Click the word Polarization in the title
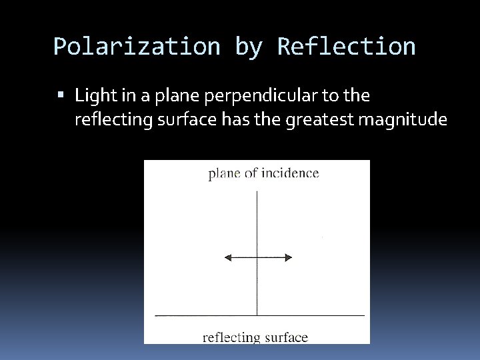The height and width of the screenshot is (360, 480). click(137, 47)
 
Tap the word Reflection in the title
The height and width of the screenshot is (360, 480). click(346, 47)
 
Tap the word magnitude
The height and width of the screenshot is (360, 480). click(403, 120)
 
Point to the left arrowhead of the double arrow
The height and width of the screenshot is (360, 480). click(227, 257)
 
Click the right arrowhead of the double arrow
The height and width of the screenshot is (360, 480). click(289, 257)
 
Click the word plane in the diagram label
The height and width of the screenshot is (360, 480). click(224, 175)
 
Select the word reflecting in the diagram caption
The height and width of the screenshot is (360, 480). click(231, 337)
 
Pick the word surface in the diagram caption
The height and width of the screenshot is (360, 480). click(285, 337)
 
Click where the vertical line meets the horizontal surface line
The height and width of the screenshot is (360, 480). click(257, 314)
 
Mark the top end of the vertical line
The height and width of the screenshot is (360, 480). click(257, 192)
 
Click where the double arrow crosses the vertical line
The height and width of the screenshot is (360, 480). click(257, 257)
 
